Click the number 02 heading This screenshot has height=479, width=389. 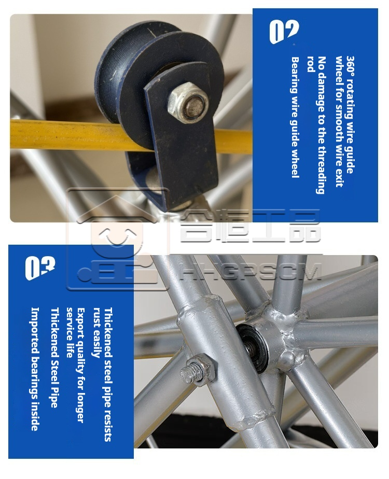(x=284, y=31)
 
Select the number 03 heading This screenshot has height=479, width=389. (x=40, y=267)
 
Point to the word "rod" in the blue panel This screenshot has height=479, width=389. (x=311, y=64)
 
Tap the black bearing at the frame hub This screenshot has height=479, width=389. (x=253, y=348)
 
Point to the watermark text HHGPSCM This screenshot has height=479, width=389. (x=251, y=273)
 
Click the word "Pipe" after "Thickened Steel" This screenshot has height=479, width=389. (x=54, y=398)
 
